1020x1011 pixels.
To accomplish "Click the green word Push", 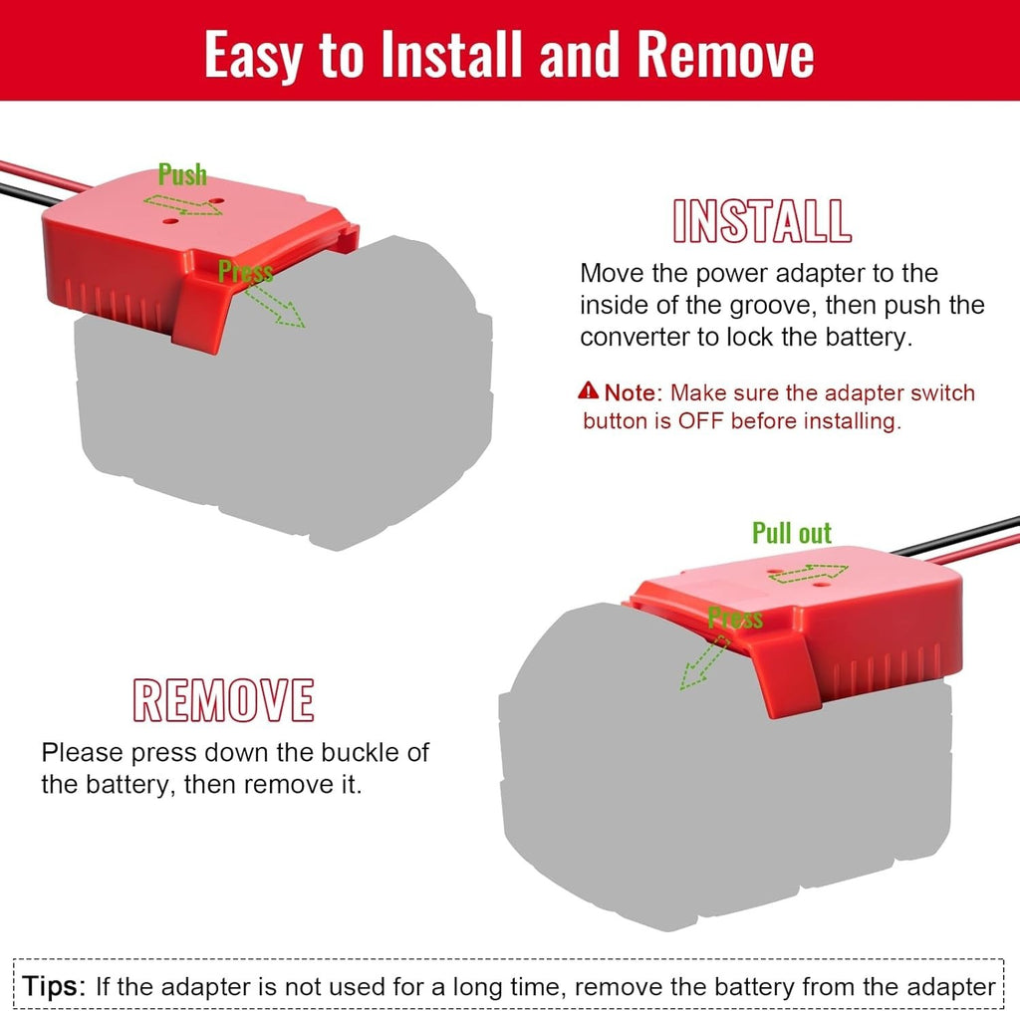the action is [x=182, y=174].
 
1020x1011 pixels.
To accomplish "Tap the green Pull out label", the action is [x=792, y=533].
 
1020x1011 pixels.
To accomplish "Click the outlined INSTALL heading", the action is [x=762, y=221].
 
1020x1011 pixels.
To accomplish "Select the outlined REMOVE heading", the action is [x=224, y=700].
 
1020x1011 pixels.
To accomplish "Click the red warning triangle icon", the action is [x=588, y=390].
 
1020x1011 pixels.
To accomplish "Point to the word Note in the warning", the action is [x=630, y=393].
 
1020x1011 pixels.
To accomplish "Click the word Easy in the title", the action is [x=257, y=55].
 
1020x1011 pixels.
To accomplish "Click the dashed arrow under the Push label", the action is [x=183, y=204].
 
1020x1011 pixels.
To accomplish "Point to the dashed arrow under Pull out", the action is [x=809, y=574].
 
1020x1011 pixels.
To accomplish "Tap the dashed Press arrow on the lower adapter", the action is [x=704, y=661].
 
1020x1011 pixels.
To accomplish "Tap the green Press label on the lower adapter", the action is [x=735, y=618].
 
